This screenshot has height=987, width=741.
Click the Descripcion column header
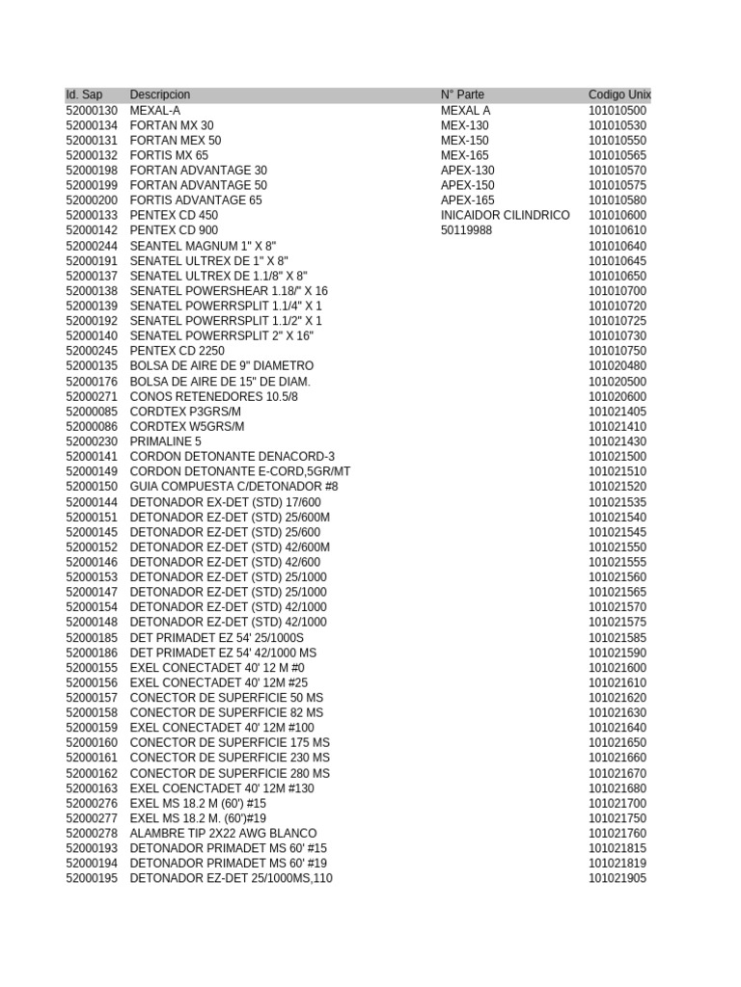click(160, 95)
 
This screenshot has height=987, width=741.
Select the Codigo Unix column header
click(619, 95)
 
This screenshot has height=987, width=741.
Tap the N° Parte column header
click(462, 95)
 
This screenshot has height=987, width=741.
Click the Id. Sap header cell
click(84, 95)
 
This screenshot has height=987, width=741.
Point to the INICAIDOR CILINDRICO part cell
click(505, 216)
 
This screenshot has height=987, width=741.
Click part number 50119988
click(466, 230)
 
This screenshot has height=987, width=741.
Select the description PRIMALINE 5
click(166, 441)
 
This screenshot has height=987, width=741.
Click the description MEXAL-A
click(155, 111)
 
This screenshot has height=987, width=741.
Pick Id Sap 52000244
click(92, 246)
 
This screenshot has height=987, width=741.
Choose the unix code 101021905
click(617, 878)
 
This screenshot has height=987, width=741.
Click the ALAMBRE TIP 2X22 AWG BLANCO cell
click(223, 834)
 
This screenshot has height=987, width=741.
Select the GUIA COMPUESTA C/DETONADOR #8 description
click(233, 487)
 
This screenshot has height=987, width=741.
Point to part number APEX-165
click(468, 200)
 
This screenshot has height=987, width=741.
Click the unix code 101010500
click(617, 111)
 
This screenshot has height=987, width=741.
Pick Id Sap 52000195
click(92, 878)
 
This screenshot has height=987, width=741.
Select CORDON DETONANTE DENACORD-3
click(233, 457)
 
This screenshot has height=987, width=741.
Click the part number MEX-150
click(465, 141)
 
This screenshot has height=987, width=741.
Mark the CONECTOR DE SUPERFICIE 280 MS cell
click(230, 773)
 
